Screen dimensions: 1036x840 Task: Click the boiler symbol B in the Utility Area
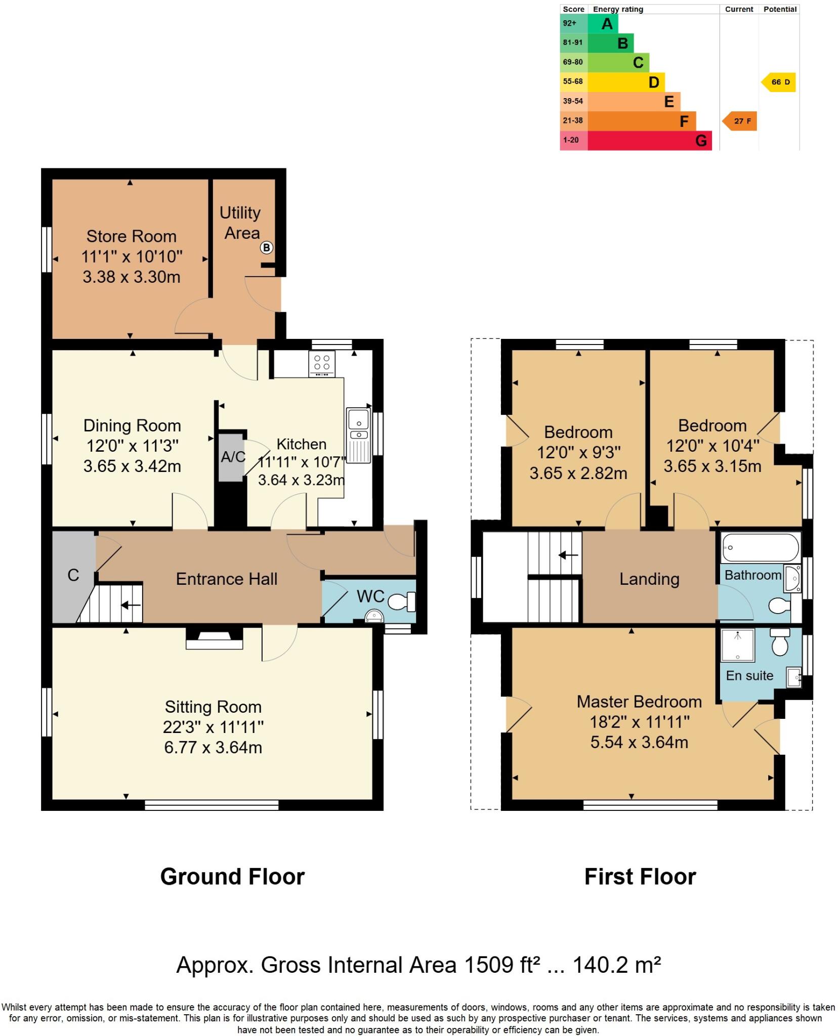pos(266,247)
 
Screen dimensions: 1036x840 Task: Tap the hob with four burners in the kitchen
pos(322,364)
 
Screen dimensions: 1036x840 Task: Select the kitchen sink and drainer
pos(359,435)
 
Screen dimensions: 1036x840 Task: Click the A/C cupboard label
pos(233,457)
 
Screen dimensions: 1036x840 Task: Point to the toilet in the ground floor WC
pos(400,601)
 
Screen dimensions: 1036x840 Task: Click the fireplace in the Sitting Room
pos(214,639)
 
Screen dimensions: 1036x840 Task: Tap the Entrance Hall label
pos(226,579)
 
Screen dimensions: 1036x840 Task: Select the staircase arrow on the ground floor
pos(130,605)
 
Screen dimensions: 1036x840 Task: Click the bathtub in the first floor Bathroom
pos(760,548)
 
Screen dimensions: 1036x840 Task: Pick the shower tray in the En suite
pos(737,644)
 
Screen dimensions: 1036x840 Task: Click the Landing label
pos(649,579)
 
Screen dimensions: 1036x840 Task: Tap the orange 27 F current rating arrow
pos(739,121)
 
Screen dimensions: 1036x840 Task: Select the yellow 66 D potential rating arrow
pos(779,82)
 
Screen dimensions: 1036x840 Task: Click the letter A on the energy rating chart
pos(607,24)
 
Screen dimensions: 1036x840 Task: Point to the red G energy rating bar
pos(650,140)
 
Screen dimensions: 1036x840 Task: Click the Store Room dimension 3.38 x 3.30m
pos(131,277)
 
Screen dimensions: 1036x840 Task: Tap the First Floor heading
pos(640,877)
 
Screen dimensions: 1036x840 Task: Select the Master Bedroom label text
pos(639,702)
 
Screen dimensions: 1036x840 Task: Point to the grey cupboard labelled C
pos(73,575)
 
